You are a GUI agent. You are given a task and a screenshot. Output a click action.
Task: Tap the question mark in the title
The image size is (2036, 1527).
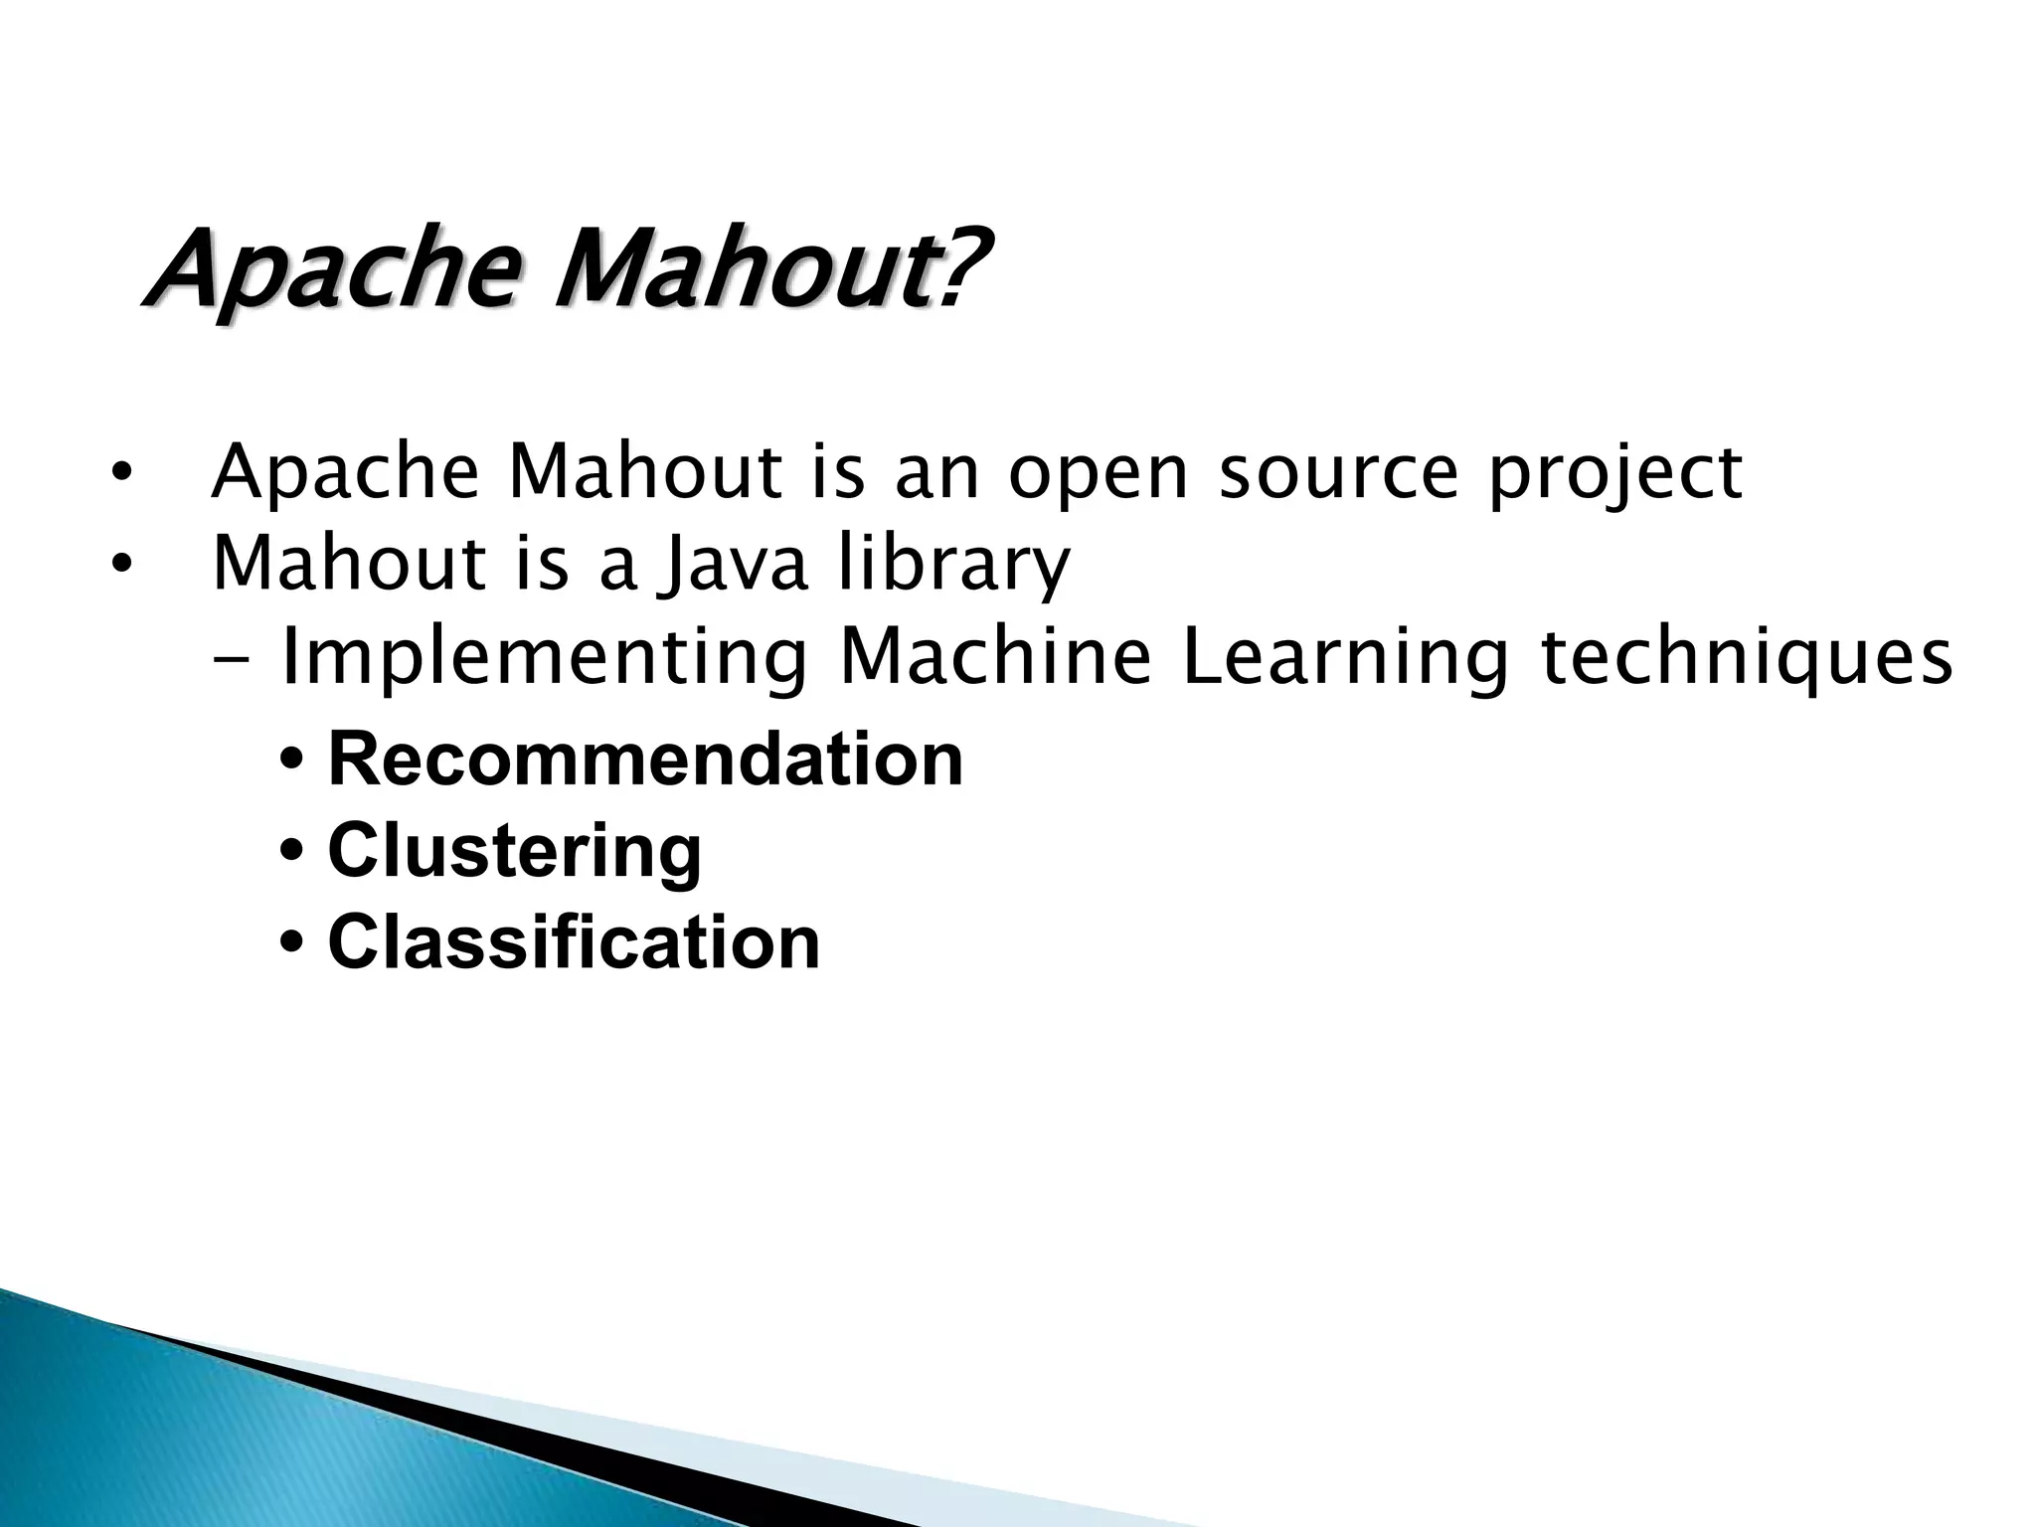point(961,266)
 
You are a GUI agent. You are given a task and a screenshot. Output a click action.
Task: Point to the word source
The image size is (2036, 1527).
point(1338,473)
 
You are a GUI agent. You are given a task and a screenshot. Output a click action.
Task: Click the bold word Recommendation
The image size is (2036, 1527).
point(645,760)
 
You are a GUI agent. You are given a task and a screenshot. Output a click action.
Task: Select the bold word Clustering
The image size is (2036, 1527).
point(515,852)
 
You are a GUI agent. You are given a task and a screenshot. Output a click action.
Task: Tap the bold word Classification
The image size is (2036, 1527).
point(574,942)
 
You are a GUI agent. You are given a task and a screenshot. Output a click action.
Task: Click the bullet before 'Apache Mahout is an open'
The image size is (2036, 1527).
point(120,474)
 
